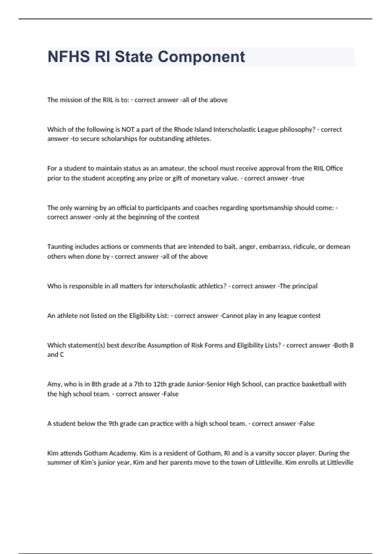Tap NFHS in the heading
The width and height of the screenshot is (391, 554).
68,57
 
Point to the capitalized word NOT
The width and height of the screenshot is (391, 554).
128,129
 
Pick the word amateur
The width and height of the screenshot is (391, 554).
172,168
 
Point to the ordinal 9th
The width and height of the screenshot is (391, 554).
113,424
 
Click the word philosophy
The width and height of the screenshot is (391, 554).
297,129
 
